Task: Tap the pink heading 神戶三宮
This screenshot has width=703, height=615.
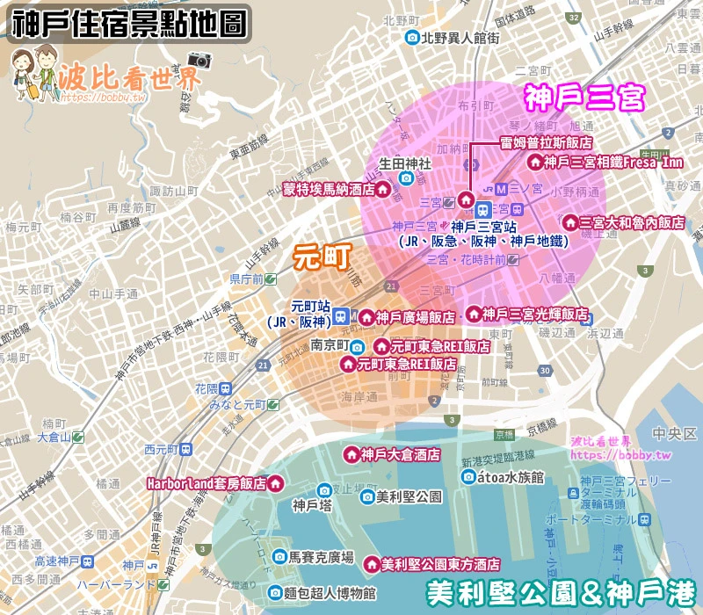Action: (x=584, y=98)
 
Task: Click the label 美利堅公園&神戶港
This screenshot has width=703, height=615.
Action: (x=562, y=592)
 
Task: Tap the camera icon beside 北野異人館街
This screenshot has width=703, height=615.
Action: (x=411, y=38)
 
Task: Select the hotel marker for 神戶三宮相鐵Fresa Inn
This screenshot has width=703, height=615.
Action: (x=533, y=163)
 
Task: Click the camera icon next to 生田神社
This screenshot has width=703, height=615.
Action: (x=406, y=178)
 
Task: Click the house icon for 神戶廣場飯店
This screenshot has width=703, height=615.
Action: (x=365, y=317)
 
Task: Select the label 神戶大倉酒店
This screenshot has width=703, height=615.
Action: (x=388, y=454)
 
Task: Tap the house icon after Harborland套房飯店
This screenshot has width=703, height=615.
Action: (x=276, y=483)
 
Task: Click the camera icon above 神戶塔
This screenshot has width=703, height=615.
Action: (x=323, y=489)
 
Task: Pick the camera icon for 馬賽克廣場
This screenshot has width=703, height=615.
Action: (x=279, y=557)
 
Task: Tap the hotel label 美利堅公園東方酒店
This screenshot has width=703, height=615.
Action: (x=441, y=564)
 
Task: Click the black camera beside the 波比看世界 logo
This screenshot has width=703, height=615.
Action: (x=200, y=60)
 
